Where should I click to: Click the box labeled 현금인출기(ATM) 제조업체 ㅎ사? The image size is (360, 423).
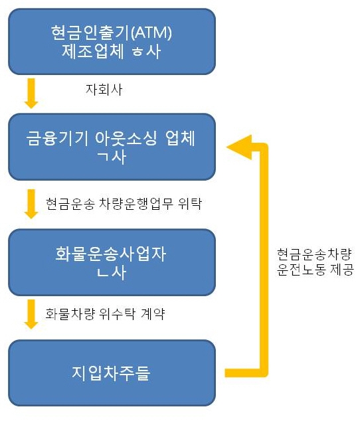(x=112, y=42)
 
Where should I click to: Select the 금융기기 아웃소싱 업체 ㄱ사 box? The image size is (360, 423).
(x=112, y=147)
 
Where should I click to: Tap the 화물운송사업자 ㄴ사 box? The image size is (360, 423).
(x=112, y=262)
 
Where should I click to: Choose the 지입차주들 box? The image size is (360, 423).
(x=112, y=373)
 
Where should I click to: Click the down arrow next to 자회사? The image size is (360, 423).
(x=31, y=94)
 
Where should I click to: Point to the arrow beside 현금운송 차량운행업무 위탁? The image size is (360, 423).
(x=31, y=204)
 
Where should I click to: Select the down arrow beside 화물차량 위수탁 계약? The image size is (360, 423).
(x=31, y=314)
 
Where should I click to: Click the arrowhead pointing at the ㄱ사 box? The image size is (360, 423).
(x=239, y=147)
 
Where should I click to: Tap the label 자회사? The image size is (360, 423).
(x=104, y=90)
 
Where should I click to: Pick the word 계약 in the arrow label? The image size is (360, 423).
(x=153, y=313)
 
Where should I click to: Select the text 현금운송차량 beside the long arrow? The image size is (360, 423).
(x=314, y=254)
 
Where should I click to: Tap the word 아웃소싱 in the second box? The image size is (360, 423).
(x=126, y=138)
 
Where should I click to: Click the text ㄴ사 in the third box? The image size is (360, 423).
(x=112, y=272)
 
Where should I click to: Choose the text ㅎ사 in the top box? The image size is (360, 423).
(x=147, y=50)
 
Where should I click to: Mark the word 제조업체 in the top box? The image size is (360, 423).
(x=93, y=50)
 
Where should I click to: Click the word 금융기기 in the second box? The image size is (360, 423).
(x=57, y=138)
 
